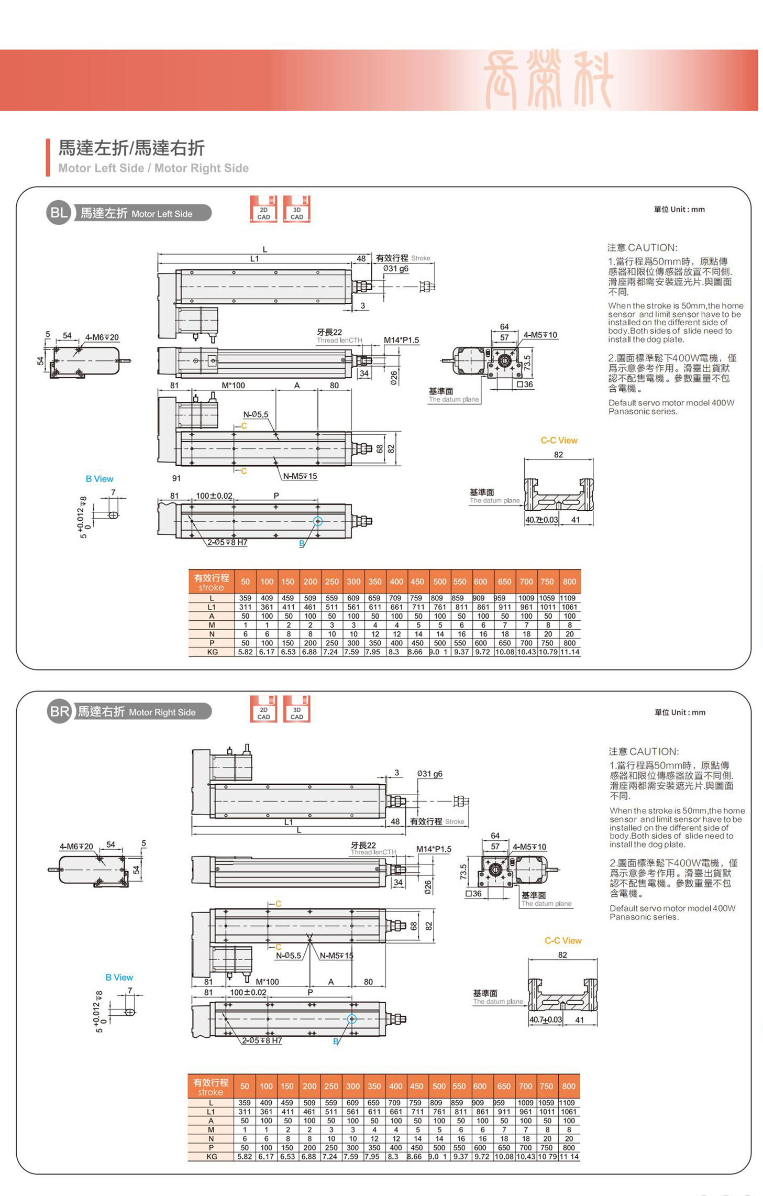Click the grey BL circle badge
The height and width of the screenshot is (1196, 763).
[x=58, y=213]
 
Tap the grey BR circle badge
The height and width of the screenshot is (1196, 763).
[x=59, y=711]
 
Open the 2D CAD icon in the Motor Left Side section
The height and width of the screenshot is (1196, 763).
[x=263, y=209]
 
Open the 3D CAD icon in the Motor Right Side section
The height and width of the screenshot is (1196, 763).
[x=296, y=709]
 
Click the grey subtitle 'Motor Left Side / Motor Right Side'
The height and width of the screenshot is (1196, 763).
[x=153, y=168]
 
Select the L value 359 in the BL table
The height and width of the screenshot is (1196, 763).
[x=245, y=598]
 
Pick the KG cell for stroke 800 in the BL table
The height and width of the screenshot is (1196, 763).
[x=569, y=652]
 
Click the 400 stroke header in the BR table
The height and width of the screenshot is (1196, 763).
[x=395, y=1087]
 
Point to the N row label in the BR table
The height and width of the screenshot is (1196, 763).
[x=211, y=1138]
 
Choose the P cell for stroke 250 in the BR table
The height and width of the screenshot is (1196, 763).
[x=331, y=1147]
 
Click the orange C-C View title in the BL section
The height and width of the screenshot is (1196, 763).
[x=559, y=441]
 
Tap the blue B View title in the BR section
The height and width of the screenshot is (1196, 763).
[x=119, y=978]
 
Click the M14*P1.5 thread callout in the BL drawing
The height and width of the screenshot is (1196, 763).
[x=401, y=340]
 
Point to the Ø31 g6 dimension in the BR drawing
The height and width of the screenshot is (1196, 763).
[x=429, y=774]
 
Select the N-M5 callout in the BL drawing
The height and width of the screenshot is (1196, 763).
[x=300, y=476]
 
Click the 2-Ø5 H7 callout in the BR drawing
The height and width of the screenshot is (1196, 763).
[x=261, y=1040]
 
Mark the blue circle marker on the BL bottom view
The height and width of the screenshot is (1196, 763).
[x=317, y=521]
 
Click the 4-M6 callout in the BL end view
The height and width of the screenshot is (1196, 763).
[x=102, y=337]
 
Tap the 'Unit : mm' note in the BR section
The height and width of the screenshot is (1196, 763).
[x=680, y=712]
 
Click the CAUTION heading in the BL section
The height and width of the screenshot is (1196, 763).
[x=642, y=248]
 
